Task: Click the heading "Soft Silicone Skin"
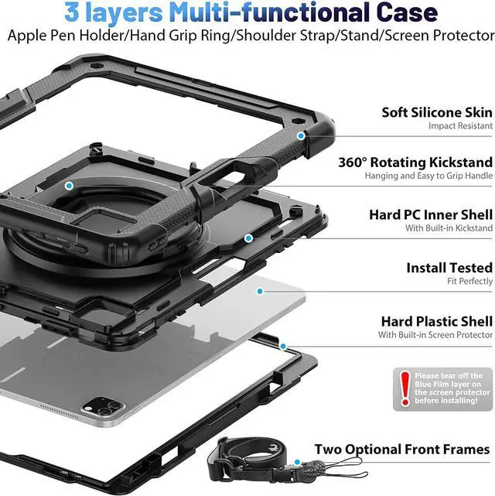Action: (x=437, y=112)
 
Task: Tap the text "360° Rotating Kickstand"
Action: (x=415, y=162)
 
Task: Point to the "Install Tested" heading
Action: (x=449, y=268)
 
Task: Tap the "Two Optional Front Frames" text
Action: (x=401, y=450)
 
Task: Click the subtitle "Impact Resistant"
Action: (x=461, y=126)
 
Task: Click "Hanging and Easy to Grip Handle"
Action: (x=428, y=176)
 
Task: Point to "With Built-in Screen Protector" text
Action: (x=435, y=335)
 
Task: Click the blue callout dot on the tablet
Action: (x=260, y=291)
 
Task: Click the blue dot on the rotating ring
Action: (x=69, y=186)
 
